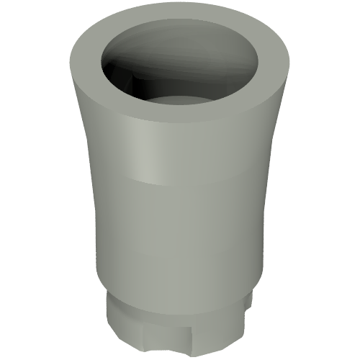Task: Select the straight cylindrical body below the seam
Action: coord(180,230)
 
